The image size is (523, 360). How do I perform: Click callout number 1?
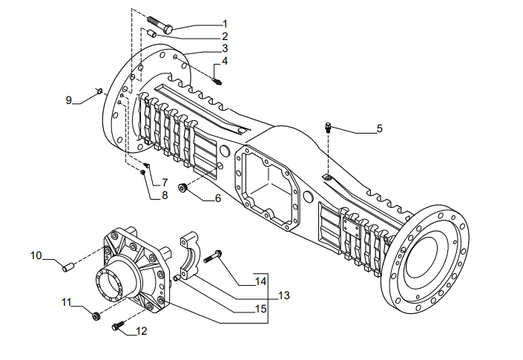(x=225, y=24)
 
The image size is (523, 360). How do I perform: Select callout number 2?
(x=225, y=36)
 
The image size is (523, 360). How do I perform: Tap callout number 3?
(x=225, y=48)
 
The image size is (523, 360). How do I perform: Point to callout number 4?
(x=225, y=61)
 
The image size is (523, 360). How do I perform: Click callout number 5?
(x=379, y=128)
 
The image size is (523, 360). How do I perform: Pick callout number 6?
(x=217, y=198)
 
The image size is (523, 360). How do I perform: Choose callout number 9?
(x=70, y=100)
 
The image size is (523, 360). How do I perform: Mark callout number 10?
(x=36, y=255)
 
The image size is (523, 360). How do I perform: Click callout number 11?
(x=67, y=302)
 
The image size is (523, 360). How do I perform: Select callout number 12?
(x=142, y=331)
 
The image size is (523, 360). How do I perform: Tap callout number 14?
(x=260, y=281)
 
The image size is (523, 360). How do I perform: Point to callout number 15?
(x=260, y=307)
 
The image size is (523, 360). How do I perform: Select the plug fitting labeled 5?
(x=327, y=127)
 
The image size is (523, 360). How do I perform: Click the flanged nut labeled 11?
(x=96, y=316)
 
